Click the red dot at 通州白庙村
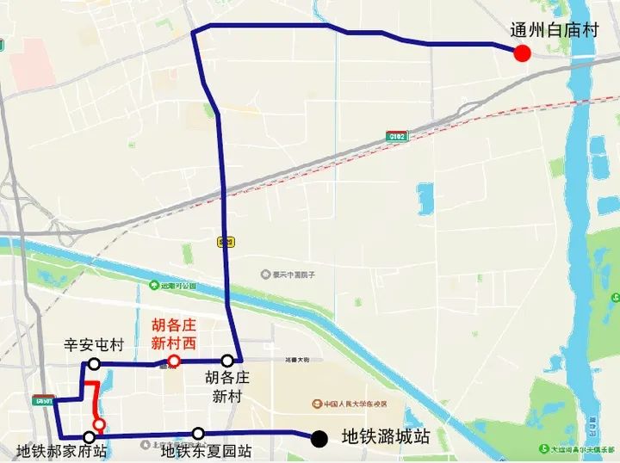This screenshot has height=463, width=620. tap(521, 54)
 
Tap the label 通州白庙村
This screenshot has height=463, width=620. tap(554, 30)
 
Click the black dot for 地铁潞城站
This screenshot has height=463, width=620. tap(319, 439)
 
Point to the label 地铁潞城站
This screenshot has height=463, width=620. tap(386, 437)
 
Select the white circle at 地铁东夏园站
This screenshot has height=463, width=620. tap(199, 433)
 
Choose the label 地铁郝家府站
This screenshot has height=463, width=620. tap(62, 452)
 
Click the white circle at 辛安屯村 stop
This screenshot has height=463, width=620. tap(94, 364)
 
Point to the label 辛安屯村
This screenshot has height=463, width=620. tap(94, 345)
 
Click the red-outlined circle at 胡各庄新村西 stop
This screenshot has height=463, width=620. tap(174, 361)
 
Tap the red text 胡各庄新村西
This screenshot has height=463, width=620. tap(174, 334)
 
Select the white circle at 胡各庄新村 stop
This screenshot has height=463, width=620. tap(227, 361)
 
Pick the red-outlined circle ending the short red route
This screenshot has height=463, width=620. tap(100, 423)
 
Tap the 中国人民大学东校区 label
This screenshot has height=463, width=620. tap(344, 404)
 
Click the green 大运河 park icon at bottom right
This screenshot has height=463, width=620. tap(544, 448)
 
